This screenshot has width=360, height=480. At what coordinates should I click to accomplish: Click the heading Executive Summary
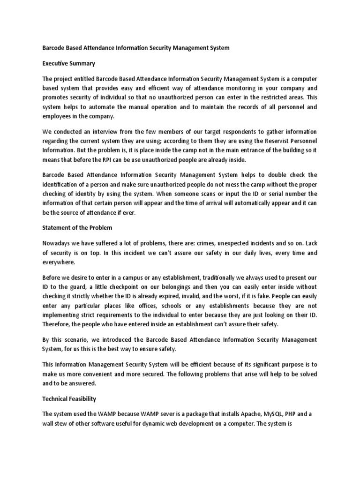[69, 63]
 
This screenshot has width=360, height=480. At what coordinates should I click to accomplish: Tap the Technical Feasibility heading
[69, 399]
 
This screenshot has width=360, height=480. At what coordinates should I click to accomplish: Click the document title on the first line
[136, 48]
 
